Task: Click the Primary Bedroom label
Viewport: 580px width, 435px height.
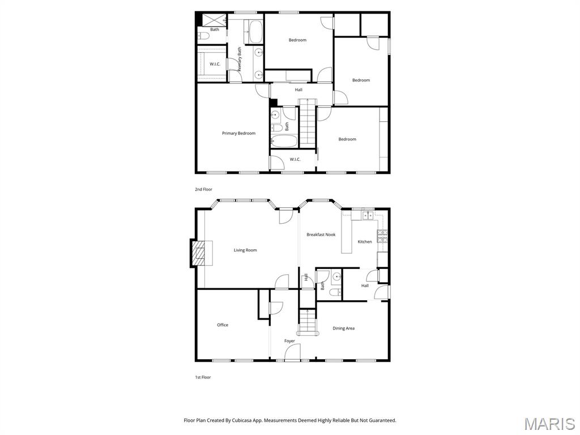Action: click(238, 134)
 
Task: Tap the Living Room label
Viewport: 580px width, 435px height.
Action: click(245, 250)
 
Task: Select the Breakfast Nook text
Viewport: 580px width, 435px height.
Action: click(321, 234)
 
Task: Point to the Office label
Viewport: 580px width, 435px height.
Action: click(223, 325)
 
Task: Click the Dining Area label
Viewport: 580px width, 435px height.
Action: click(343, 329)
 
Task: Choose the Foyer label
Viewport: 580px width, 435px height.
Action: click(289, 341)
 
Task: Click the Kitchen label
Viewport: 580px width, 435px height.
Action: click(365, 242)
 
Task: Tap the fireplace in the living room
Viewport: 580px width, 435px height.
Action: click(199, 253)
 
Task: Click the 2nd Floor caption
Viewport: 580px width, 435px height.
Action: click(203, 189)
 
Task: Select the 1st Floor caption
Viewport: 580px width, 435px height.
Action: click(203, 377)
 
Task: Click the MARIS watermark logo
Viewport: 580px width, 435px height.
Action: click(549, 424)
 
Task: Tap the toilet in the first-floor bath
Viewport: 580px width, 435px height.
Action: click(335, 293)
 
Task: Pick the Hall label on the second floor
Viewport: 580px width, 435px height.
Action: click(298, 89)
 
